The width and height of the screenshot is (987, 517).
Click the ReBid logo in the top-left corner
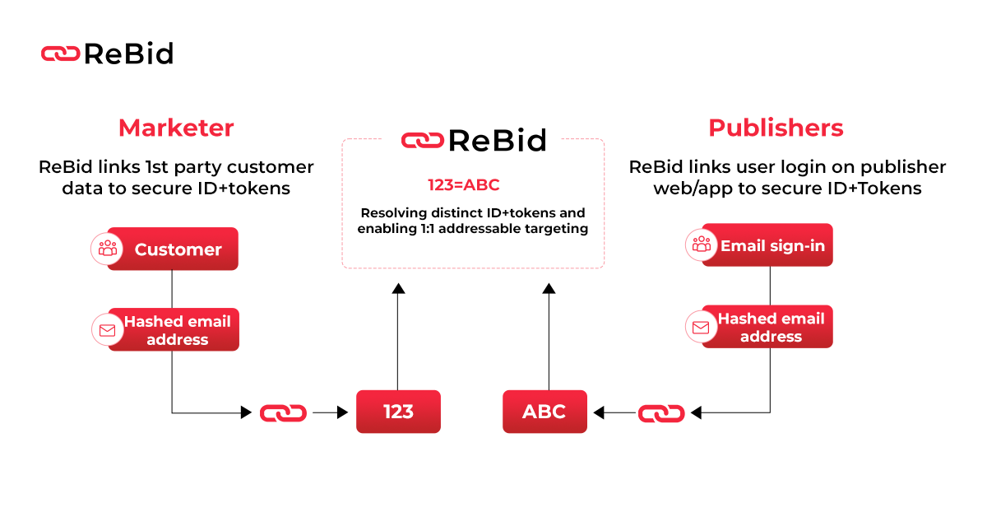(x=107, y=54)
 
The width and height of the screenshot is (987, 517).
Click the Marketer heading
(x=176, y=128)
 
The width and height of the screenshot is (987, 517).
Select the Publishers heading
(x=776, y=128)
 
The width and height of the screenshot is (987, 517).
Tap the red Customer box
(x=178, y=249)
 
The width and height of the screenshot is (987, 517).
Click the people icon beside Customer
(x=107, y=249)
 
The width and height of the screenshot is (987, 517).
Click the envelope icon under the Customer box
(x=107, y=330)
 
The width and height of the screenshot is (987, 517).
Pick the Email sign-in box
(x=772, y=245)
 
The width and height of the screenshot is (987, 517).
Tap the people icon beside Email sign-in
(x=701, y=245)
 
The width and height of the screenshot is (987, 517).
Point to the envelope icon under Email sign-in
(x=701, y=327)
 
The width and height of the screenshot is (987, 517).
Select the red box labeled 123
(x=398, y=412)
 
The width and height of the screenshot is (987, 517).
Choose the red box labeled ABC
(x=544, y=412)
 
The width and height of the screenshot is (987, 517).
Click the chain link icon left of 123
(x=283, y=412)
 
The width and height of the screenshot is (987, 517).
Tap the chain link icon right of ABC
(x=661, y=412)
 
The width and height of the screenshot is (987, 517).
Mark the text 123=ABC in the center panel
(x=463, y=185)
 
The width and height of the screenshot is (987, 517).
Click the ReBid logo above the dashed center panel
(x=473, y=141)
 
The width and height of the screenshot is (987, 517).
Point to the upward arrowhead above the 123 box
(x=398, y=288)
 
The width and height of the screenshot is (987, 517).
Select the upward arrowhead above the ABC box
(x=549, y=288)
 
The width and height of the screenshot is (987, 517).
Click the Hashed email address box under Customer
(x=178, y=330)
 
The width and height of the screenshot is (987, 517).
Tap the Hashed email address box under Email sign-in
(x=771, y=327)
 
